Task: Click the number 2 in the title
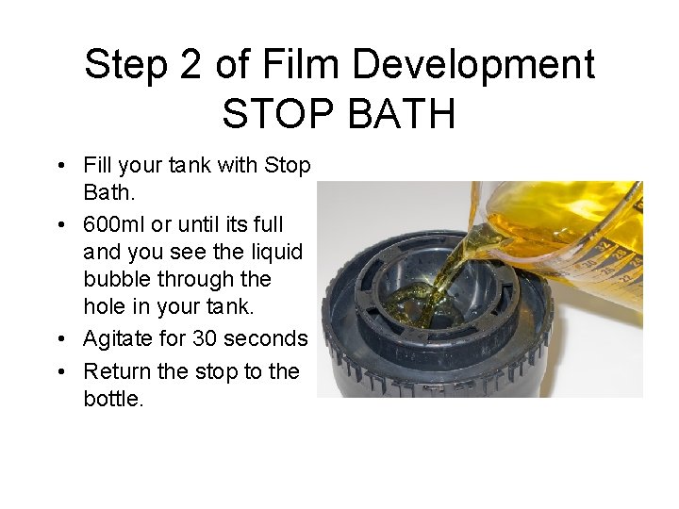click(190, 66)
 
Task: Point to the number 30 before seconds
click(205, 337)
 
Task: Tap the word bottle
click(111, 399)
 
